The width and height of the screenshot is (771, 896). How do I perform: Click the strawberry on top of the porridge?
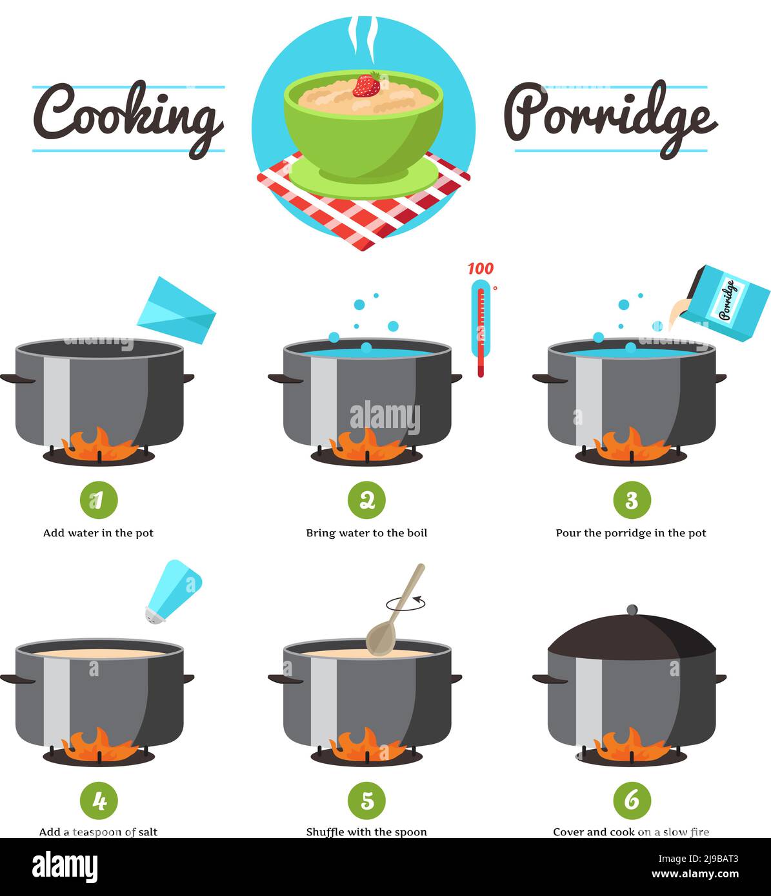click(366, 85)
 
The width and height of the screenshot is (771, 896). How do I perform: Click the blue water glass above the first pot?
click(176, 310)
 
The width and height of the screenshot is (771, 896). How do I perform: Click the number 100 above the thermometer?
click(480, 268)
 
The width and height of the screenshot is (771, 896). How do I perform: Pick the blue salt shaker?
click(174, 591)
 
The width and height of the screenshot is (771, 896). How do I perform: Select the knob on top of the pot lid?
click(632, 610)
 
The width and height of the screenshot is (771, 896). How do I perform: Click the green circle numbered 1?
click(99, 500)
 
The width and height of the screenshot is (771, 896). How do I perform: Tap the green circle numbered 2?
click(366, 500)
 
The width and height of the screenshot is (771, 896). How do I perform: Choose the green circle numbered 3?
click(632, 500)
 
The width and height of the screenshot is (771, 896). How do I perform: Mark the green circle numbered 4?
click(99, 801)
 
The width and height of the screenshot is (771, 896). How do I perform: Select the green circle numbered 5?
click(366, 801)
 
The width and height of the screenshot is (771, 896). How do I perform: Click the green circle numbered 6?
click(632, 801)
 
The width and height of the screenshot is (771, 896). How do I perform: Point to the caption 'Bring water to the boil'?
click(366, 533)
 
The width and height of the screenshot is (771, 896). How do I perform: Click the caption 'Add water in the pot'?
click(98, 533)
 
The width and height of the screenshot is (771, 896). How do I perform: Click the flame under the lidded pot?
click(632, 746)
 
